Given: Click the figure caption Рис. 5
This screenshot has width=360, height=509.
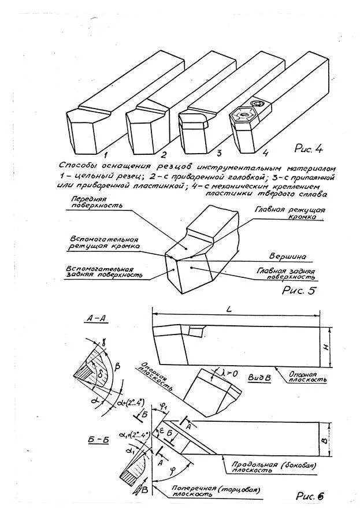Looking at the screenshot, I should click(x=299, y=291).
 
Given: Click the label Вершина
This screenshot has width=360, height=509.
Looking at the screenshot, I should click(x=287, y=255).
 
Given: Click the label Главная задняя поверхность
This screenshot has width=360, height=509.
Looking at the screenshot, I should click(x=287, y=274).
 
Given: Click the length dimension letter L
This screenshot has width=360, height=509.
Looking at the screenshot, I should click(x=229, y=311).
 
